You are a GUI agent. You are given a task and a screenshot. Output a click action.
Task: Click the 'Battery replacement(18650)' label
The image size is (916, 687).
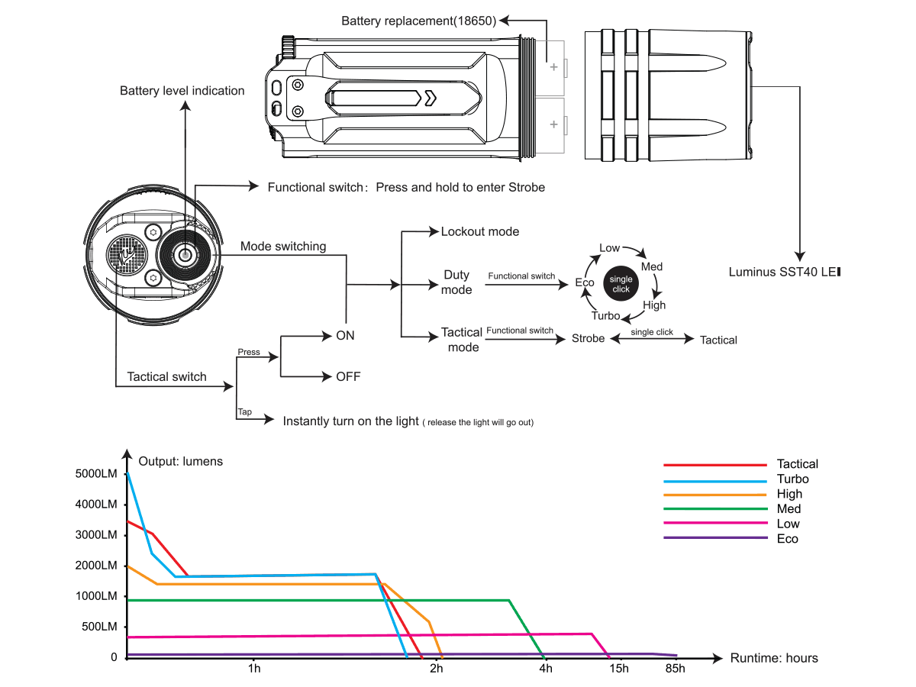(x=419, y=21)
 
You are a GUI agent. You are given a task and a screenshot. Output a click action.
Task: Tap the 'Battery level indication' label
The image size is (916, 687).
(x=182, y=91)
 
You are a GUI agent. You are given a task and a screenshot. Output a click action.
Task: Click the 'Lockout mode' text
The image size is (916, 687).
(x=479, y=231)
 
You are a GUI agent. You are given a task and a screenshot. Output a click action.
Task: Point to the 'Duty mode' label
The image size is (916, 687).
(x=457, y=282)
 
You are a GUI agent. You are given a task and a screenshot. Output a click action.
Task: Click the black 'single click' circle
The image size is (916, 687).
(x=621, y=284)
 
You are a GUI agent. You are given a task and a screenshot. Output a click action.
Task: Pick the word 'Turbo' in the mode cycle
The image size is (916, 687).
(x=605, y=315)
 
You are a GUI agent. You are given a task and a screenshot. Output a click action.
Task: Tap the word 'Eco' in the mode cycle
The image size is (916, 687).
(x=585, y=283)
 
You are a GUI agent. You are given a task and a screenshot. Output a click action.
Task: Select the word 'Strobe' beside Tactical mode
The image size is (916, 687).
(x=588, y=339)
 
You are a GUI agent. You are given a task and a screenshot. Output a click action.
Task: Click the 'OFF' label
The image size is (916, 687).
(x=348, y=376)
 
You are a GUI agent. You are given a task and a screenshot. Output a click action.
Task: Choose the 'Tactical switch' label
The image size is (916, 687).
(x=166, y=376)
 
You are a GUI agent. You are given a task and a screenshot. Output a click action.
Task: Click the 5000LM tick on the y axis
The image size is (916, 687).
(x=96, y=474)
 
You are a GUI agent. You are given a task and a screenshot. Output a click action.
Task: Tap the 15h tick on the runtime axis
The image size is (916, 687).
(x=618, y=669)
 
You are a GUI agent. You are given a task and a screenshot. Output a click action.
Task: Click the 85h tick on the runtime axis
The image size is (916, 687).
(x=675, y=669)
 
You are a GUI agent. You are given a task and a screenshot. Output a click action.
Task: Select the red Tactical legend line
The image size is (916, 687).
(x=714, y=464)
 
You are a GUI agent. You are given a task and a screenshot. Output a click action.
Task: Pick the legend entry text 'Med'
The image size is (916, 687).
(x=789, y=509)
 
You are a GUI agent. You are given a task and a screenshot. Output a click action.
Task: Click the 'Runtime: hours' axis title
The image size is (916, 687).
(x=773, y=658)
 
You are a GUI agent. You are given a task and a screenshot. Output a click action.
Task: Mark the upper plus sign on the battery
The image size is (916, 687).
(x=553, y=67)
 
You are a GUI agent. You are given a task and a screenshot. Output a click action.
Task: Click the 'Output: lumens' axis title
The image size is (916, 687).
(x=181, y=461)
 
